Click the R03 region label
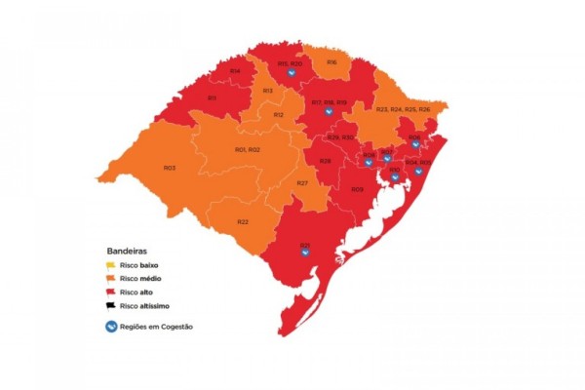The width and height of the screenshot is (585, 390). (170, 168)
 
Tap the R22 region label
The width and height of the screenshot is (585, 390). (242, 221)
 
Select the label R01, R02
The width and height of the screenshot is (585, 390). (247, 149)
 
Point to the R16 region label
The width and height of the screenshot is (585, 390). (331, 62)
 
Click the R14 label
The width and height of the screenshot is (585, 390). (235, 71)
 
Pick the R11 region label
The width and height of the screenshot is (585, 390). (212, 97)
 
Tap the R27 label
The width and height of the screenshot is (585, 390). (303, 183)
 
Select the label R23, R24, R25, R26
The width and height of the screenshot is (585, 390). (403, 109)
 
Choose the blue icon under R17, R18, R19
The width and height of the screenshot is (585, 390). (330, 111)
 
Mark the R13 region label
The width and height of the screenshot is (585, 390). (267, 91)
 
